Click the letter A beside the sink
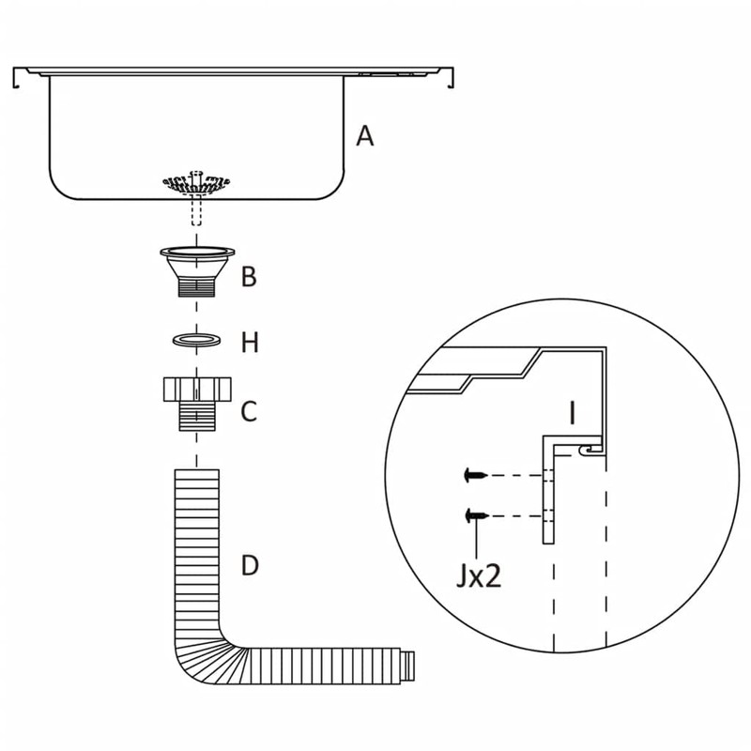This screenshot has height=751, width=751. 365,136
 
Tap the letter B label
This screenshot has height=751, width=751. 248,277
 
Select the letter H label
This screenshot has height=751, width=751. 249,343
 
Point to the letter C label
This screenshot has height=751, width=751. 249,411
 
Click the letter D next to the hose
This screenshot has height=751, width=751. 250,566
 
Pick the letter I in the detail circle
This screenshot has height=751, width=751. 572,411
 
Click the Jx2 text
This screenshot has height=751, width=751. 479,575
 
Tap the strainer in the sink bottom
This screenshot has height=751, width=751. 196,182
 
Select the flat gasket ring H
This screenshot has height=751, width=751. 197,338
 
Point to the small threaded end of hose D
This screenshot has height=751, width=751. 408,664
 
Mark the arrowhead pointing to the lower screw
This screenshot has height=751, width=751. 478,524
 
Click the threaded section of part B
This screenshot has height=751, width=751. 197,284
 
